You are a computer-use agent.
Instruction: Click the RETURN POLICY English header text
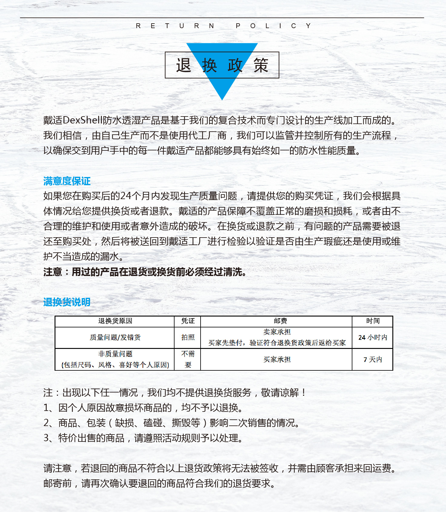[x=223, y=26]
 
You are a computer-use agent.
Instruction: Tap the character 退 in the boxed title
[x=184, y=65]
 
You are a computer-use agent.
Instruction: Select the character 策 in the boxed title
[x=261, y=65]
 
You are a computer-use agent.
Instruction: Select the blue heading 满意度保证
[x=67, y=181]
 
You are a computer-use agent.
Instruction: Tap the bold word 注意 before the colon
[x=52, y=272]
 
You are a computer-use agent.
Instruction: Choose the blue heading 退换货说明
[x=67, y=302]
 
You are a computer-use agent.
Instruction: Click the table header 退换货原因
[x=115, y=321]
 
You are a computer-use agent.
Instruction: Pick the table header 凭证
[x=188, y=321]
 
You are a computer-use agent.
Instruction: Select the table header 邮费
[x=280, y=321]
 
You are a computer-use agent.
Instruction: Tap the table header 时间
[x=373, y=321]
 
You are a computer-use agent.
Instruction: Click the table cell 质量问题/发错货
[x=115, y=337]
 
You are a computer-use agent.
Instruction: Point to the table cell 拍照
[x=188, y=337]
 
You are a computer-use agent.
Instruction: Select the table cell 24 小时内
[x=373, y=337]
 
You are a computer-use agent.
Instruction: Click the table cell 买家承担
[x=277, y=359]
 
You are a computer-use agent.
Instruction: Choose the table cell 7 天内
[x=373, y=359]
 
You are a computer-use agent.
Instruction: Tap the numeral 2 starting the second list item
[x=46, y=423]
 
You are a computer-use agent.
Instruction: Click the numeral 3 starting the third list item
[x=46, y=438]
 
